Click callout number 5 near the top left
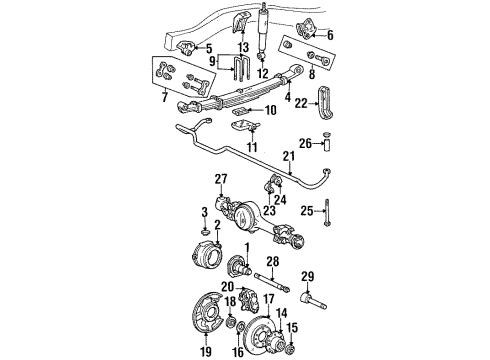click(x=207, y=47)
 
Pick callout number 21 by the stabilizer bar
click(x=289, y=157)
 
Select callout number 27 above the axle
click(x=221, y=180)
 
